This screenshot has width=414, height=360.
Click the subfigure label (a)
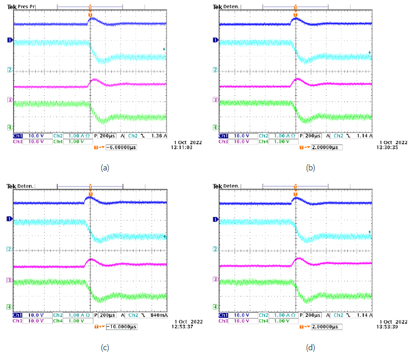[x=105, y=167]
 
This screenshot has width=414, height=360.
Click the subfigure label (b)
[x=311, y=167]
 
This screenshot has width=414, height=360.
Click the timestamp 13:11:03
[x=187, y=147]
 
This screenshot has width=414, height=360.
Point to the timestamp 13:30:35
[x=391, y=147]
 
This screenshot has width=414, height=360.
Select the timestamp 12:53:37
[x=187, y=327]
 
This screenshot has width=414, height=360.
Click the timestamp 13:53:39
[x=391, y=327]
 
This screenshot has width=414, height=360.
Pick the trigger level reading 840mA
[x=159, y=315]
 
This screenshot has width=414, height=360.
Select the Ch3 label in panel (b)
[x=223, y=141]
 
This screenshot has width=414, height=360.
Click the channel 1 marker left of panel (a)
[x=9, y=40]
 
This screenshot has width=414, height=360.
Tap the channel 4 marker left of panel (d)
[x=214, y=307]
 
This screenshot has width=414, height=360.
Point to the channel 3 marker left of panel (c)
[x=9, y=280]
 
